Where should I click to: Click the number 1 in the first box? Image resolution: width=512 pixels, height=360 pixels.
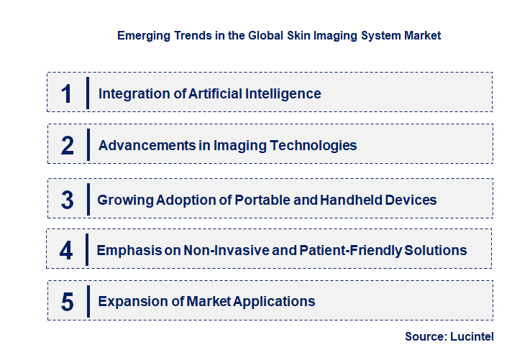67,93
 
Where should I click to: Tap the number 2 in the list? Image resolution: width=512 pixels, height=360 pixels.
68,146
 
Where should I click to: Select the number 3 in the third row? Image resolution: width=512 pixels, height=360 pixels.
68,200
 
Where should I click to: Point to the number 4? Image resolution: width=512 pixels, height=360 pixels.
66,251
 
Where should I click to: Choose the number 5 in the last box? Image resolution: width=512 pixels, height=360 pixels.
68,302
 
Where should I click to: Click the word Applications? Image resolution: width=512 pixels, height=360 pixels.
274,301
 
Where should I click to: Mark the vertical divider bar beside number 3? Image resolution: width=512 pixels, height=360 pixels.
87,198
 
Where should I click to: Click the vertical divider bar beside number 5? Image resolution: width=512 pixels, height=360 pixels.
88,300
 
